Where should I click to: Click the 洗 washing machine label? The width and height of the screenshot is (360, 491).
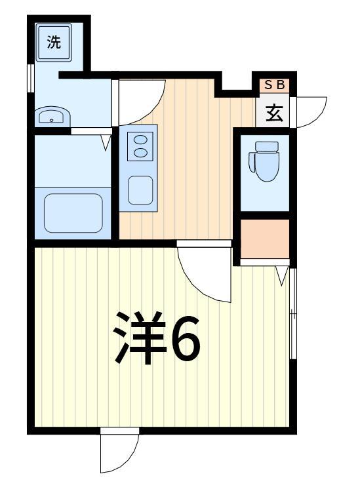54,43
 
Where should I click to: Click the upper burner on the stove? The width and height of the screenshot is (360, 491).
140,139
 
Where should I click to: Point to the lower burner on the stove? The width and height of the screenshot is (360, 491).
140,153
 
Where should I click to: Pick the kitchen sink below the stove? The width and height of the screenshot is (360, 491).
140,190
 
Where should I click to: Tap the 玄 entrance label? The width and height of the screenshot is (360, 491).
274,113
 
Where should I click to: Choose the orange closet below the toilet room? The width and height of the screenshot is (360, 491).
264,238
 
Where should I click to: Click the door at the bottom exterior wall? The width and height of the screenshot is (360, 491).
118,452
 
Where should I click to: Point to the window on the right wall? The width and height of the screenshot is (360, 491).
293,315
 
